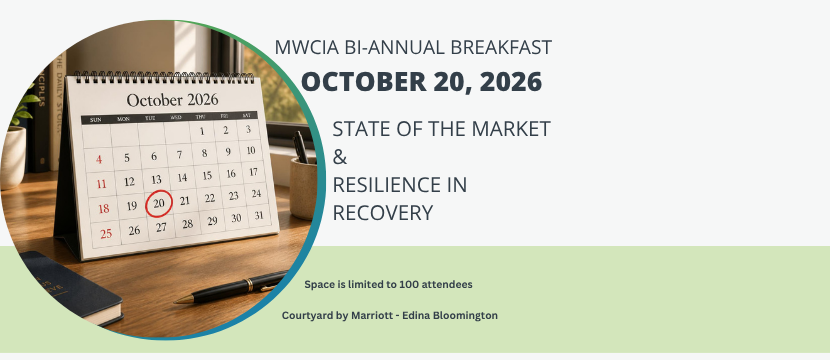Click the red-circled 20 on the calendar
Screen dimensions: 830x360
(x=159, y=203)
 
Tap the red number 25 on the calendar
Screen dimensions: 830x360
(x=106, y=233)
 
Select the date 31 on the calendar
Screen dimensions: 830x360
(x=259, y=215)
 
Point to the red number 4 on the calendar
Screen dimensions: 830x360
(x=99, y=159)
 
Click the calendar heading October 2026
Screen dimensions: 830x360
(x=172, y=100)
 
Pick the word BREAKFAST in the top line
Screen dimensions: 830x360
(x=501, y=48)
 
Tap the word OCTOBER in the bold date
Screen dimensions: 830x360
(x=364, y=82)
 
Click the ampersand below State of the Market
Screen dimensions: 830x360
(x=340, y=157)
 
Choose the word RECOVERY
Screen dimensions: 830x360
(x=383, y=213)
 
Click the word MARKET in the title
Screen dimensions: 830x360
(x=511, y=129)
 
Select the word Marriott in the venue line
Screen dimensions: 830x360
(x=372, y=316)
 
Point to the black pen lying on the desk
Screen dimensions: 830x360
(x=231, y=288)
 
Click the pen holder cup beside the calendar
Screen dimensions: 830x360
(x=303, y=188)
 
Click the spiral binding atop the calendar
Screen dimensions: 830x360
(x=164, y=77)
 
